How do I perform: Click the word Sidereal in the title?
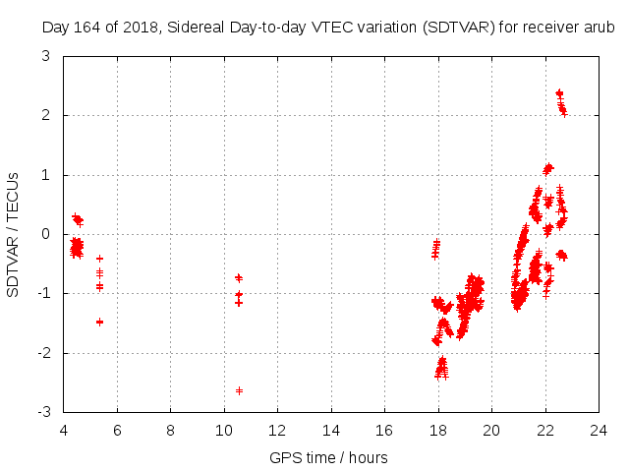point(198,28)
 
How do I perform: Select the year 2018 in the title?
point(143,28)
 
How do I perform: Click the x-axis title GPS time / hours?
point(328,458)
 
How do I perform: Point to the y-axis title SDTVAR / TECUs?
point(14,234)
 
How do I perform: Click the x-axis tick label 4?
point(64,431)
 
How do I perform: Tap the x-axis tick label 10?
point(224,431)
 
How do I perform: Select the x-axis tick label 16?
point(384,431)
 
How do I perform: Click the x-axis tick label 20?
point(491,431)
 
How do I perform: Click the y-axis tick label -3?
point(44,412)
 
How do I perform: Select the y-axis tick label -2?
point(44,353)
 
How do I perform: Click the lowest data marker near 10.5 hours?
point(239,390)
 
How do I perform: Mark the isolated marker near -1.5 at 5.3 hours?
point(99,322)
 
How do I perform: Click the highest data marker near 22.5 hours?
point(559,93)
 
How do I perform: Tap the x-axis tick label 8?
point(171,431)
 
